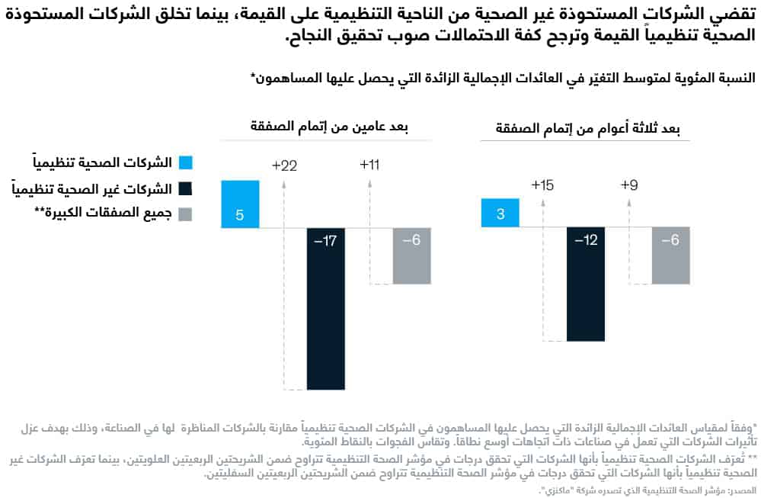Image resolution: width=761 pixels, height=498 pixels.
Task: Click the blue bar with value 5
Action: click(240, 204)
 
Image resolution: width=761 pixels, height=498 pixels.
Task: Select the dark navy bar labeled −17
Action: click(326, 308)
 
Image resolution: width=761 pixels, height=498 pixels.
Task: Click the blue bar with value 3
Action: click(500, 213)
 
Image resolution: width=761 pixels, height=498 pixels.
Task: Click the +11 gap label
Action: click(369, 165)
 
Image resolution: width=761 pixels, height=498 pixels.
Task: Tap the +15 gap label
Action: click(543, 185)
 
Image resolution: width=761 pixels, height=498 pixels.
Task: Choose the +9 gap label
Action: click(629, 185)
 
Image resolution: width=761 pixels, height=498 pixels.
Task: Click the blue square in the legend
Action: click(185, 162)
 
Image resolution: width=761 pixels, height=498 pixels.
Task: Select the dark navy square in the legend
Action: click(185, 188)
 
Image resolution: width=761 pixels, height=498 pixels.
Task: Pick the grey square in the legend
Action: click(185, 214)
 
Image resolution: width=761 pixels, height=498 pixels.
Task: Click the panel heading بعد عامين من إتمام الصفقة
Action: click(327, 127)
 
